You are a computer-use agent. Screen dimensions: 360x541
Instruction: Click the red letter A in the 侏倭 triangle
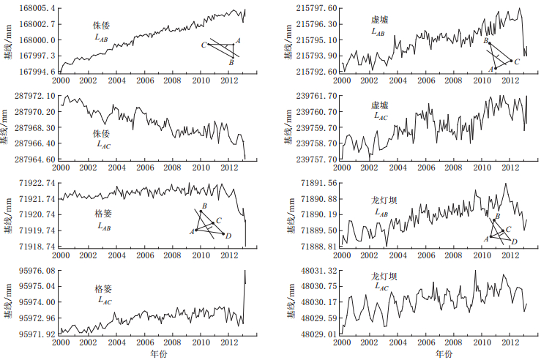[238, 41]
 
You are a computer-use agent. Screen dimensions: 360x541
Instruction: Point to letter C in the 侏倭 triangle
[204, 45]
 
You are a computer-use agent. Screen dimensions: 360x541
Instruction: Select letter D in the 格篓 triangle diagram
[228, 236]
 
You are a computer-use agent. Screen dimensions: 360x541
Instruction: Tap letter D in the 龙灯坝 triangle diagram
[514, 242]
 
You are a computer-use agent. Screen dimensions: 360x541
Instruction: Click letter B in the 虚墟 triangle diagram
[485, 42]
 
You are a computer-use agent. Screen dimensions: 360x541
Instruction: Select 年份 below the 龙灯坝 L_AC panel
[444, 354]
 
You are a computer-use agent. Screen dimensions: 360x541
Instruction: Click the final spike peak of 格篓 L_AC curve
[245, 271]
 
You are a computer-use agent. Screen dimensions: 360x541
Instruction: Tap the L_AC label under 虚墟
[381, 116]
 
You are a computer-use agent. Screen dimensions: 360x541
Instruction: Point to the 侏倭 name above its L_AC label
[100, 133]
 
